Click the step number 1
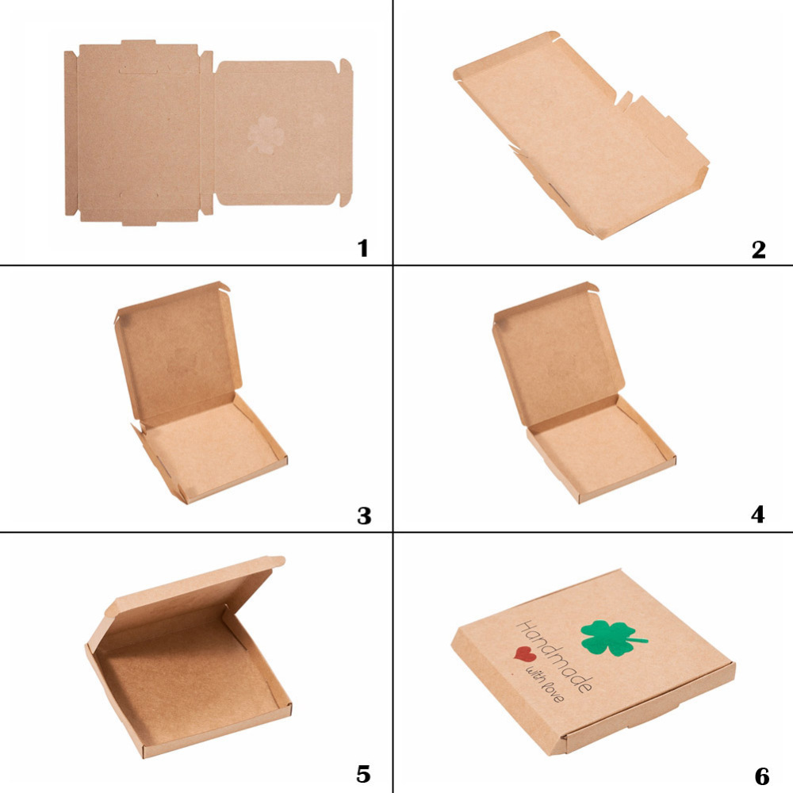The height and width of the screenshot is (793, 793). (x=362, y=248)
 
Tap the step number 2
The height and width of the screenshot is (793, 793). (x=758, y=249)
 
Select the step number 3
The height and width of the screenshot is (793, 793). (x=364, y=516)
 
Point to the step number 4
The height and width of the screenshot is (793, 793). (x=757, y=515)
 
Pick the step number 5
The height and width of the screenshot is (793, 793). (x=364, y=774)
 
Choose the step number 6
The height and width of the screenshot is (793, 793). (x=761, y=776)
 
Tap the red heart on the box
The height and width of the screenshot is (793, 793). (x=525, y=654)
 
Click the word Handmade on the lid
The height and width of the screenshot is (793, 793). (x=554, y=656)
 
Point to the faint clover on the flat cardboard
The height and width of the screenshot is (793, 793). (x=266, y=135)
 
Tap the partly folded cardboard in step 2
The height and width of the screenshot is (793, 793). (x=581, y=136)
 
